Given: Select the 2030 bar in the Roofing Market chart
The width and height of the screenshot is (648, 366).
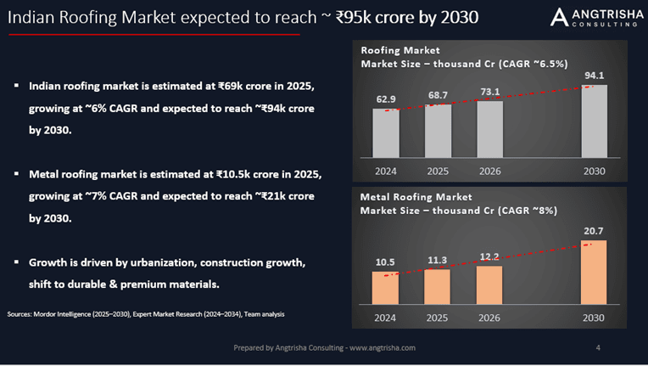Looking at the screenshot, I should (x=594, y=122).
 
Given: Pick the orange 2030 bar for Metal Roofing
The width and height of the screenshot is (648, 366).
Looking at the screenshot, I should (x=594, y=272).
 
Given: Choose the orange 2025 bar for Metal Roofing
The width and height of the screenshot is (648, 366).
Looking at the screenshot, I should (x=438, y=286).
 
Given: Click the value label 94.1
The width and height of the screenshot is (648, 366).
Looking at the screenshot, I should (x=594, y=76).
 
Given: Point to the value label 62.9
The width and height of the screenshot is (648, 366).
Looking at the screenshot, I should (x=386, y=100).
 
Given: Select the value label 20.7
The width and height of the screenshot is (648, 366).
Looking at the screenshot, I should (x=594, y=231).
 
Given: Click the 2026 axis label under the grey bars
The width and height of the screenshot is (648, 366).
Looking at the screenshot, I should (x=489, y=171).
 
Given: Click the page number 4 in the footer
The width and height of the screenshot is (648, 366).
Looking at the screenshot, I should (x=599, y=348).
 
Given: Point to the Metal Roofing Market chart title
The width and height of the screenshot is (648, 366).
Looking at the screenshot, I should (x=416, y=197).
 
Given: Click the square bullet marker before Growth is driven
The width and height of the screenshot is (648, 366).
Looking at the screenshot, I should (x=16, y=264).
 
